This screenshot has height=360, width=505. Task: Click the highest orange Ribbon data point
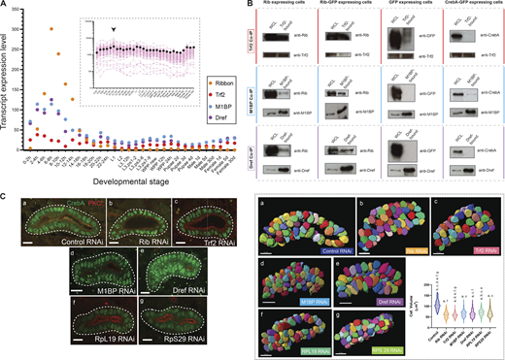[50, 29]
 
